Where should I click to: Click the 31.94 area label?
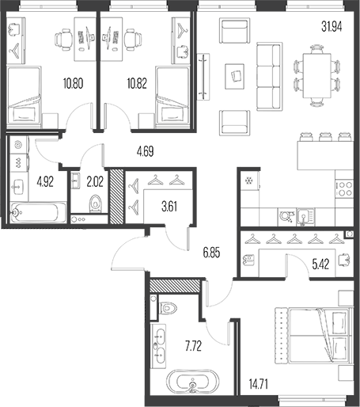[x=332, y=27]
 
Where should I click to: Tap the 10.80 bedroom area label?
[x=73, y=83]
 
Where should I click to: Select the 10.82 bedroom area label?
[x=137, y=83]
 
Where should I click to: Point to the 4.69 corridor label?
[x=145, y=152]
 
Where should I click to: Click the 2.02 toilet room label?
[x=95, y=182]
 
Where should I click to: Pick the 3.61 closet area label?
[x=169, y=207]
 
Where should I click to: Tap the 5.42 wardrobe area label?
[x=320, y=264]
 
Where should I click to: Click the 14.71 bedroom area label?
[x=259, y=384]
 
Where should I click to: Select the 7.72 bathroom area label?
[x=193, y=346]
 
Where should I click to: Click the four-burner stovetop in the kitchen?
[x=344, y=188]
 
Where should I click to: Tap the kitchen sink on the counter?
[x=305, y=217]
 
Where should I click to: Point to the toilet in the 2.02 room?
[x=95, y=203]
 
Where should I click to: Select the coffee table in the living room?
[x=234, y=76]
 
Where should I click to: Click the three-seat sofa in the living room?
[x=269, y=77]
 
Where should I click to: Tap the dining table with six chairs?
[x=316, y=76]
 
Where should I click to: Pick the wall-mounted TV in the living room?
[x=203, y=77]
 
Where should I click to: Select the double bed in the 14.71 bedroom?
[x=314, y=336]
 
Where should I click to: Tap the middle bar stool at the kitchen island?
[x=324, y=137]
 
